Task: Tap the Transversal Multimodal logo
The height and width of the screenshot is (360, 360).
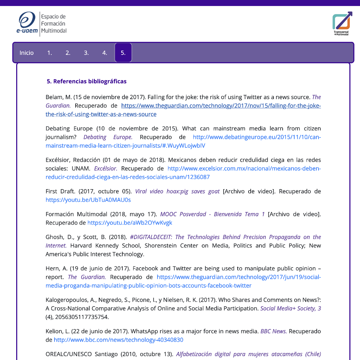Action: (x=341, y=23)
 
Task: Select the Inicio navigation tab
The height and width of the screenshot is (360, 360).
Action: (x=27, y=53)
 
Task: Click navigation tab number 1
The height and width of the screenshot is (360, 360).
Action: (x=50, y=53)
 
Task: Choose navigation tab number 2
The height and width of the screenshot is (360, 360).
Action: (x=68, y=53)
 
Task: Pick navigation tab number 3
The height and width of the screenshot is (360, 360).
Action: (x=86, y=53)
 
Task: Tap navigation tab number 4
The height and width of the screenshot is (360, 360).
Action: (x=105, y=53)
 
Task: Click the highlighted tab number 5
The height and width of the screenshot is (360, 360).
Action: (x=123, y=53)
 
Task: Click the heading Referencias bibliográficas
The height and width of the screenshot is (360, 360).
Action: (x=86, y=81)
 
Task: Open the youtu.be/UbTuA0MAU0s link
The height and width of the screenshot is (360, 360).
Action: (x=88, y=200)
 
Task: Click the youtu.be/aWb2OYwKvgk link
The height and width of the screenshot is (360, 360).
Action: (x=130, y=223)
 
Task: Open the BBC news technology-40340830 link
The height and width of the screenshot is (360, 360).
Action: (x=118, y=340)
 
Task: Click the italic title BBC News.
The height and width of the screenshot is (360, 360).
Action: (x=274, y=331)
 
